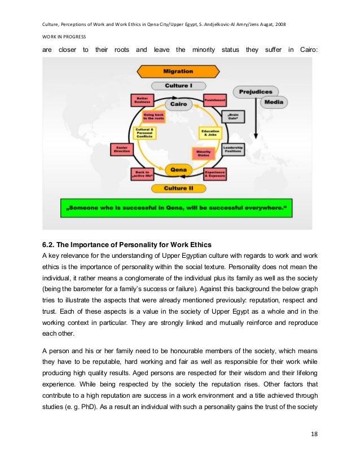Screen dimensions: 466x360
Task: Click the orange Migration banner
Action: click(178, 72)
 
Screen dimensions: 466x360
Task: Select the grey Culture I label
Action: click(178, 86)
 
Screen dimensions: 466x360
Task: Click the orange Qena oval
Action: click(178, 168)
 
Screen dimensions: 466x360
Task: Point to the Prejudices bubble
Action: click(256, 91)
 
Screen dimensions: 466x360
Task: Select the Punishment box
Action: click(215, 99)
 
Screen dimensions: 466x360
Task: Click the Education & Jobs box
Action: click(210, 133)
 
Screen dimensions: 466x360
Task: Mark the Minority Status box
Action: click(201, 153)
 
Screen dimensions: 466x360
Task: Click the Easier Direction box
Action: click(121, 149)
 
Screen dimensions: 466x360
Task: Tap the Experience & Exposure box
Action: click(215, 174)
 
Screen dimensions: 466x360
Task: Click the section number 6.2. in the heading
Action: click(50, 244)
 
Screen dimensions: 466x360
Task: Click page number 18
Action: click(314, 450)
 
